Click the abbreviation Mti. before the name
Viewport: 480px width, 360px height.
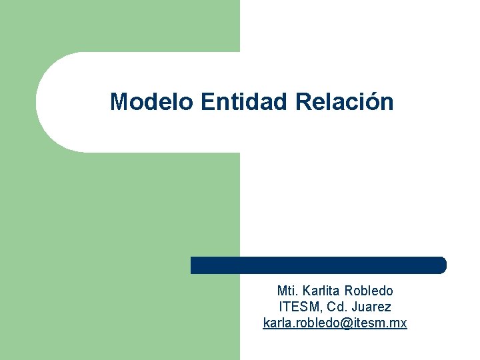coord(287,291)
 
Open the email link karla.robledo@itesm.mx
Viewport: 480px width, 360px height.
coord(335,323)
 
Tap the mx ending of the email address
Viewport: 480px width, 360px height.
coord(399,323)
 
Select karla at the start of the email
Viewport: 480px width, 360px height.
coord(276,323)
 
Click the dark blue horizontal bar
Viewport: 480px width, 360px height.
coord(319,265)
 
